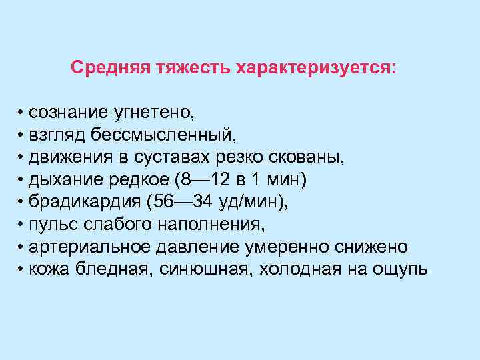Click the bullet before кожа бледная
pyautogui.click(x=22, y=269)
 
